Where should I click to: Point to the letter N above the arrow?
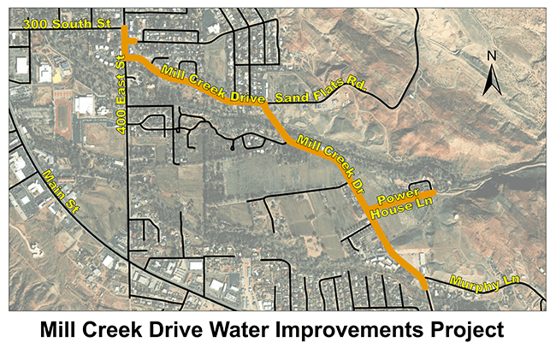(492, 56)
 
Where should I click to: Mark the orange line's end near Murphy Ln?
(425, 288)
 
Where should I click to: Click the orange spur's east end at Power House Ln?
(435, 193)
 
